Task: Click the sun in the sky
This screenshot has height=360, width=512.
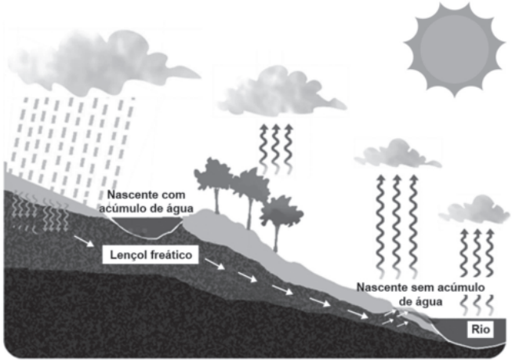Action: (454, 49)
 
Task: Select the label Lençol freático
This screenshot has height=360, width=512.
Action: (151, 255)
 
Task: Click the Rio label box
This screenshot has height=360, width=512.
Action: (481, 329)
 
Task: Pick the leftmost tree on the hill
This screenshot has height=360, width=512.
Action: (214, 183)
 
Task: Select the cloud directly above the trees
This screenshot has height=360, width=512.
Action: (281, 92)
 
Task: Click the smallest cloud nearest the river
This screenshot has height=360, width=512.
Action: (474, 210)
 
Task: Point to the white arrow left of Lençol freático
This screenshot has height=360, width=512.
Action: (84, 241)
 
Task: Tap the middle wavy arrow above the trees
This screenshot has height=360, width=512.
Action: (275, 149)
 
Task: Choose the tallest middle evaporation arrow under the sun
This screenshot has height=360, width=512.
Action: (397, 225)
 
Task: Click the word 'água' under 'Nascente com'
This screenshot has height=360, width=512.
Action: (181, 209)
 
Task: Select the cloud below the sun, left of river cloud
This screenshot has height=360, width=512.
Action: (398, 155)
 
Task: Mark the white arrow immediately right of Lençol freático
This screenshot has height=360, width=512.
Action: (215, 264)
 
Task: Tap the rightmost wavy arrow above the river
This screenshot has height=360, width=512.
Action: (490, 253)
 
